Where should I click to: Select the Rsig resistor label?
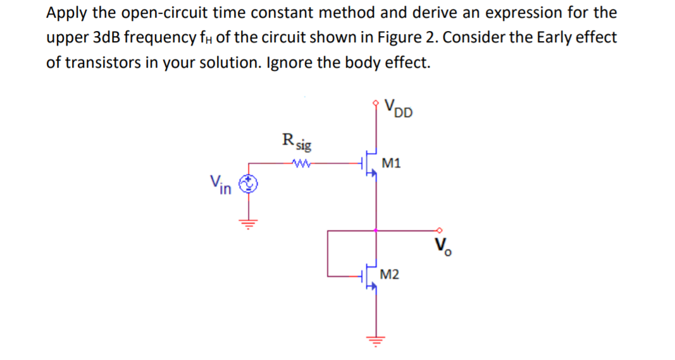(296, 142)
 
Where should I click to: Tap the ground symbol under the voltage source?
(249, 222)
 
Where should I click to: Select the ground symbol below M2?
(378, 339)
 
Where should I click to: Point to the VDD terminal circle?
(378, 101)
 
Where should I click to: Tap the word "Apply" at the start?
(66, 13)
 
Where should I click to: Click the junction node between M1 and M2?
(378, 230)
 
